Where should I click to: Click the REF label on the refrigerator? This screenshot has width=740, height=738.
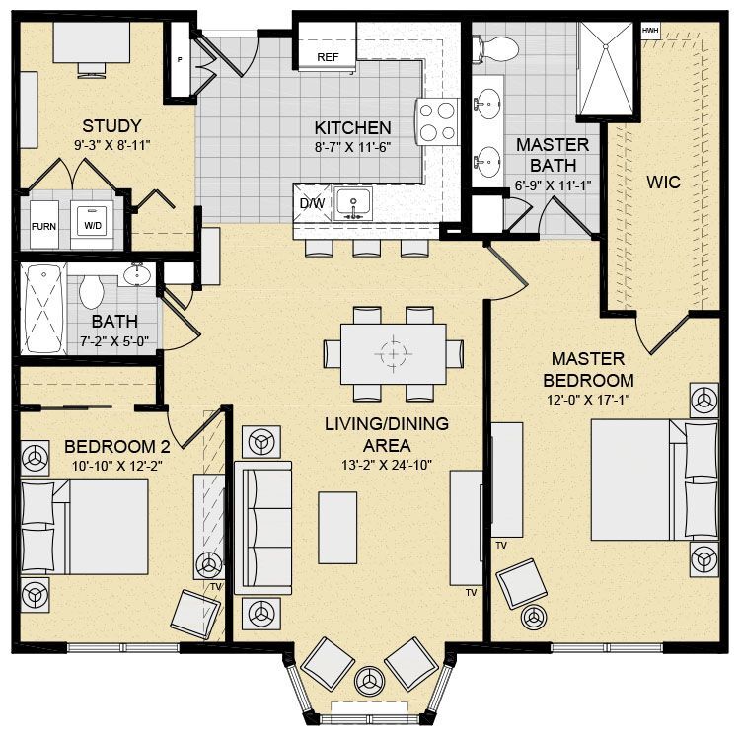pos(328,57)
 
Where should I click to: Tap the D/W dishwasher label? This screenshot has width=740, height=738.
pos(312,203)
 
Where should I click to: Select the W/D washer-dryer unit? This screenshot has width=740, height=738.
pos(92,225)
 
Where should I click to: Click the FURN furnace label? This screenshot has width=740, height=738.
pos(43,227)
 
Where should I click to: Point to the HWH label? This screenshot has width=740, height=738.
pos(650,31)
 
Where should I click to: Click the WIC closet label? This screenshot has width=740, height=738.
pos(663,183)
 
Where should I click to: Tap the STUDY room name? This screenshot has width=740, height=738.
pos(111,126)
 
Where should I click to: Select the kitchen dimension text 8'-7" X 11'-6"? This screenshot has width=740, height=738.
pos(352,148)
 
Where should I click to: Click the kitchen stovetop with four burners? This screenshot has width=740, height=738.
pos(437,122)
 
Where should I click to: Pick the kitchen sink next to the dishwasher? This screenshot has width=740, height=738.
pos(353,203)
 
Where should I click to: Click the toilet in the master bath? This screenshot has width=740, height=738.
pos(496,48)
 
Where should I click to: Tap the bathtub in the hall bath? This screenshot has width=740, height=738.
pos(43,308)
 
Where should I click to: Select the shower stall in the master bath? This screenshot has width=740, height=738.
pos(606,68)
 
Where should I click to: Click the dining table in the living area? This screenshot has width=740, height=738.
pos(393,353)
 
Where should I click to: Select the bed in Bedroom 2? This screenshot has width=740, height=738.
pos(85,527)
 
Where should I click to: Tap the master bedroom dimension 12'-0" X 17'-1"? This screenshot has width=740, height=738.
pos(588,401)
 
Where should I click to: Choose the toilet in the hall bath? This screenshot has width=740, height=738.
pos(91,292)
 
